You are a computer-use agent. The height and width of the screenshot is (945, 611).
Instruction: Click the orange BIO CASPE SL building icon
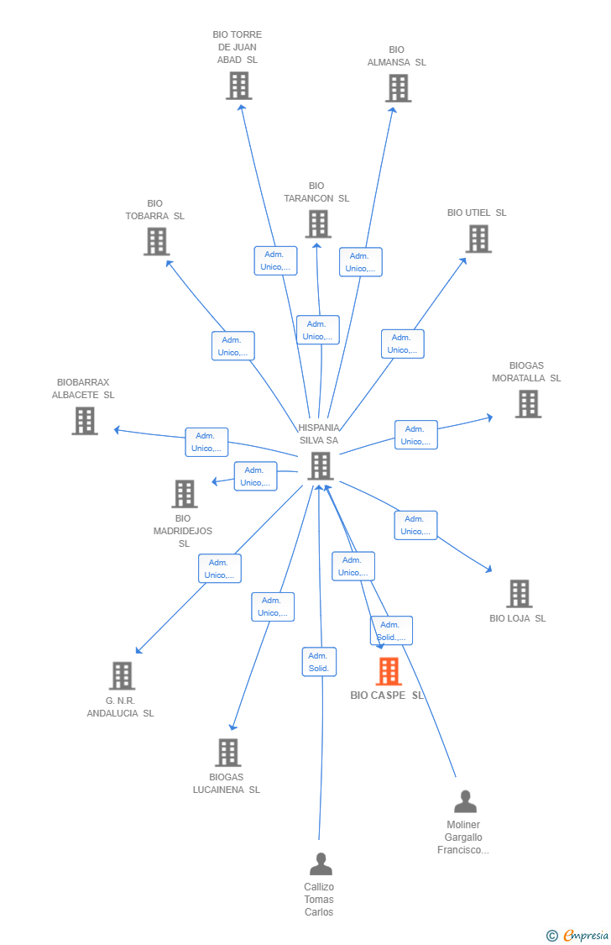click(389, 671)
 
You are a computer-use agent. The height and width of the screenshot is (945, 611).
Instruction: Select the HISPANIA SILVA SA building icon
click(321, 465)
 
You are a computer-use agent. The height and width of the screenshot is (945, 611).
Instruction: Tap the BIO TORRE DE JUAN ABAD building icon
click(239, 85)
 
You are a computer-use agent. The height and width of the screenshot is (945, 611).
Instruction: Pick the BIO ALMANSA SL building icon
click(399, 87)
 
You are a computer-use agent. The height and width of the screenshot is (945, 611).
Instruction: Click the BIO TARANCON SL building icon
click(318, 223)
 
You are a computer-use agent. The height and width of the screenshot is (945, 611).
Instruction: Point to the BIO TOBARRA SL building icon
click(157, 241)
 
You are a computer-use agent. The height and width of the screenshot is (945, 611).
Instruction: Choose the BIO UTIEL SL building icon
click(478, 239)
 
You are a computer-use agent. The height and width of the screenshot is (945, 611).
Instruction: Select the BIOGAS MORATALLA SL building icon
click(528, 404)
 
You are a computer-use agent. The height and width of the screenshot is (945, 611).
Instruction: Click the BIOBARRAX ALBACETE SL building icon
click(85, 421)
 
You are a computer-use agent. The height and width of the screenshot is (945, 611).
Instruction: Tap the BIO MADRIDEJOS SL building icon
click(185, 494)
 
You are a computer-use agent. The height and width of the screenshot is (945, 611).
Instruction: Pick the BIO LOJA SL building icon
click(520, 594)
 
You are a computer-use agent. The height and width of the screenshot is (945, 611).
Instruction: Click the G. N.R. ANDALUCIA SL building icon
click(123, 675)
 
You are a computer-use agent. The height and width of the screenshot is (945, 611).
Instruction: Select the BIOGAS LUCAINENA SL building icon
click(228, 753)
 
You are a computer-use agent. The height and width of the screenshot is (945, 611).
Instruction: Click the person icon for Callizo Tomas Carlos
click(321, 864)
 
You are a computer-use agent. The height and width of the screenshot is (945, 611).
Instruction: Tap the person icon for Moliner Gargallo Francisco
click(465, 801)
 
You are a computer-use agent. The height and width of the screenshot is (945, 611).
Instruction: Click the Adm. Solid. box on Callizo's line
click(319, 662)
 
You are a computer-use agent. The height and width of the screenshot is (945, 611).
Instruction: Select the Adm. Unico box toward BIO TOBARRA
click(233, 346)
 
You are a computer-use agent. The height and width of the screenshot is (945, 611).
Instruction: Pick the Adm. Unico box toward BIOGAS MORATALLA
click(415, 435)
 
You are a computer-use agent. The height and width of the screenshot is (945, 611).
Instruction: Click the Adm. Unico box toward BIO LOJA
click(415, 525)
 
